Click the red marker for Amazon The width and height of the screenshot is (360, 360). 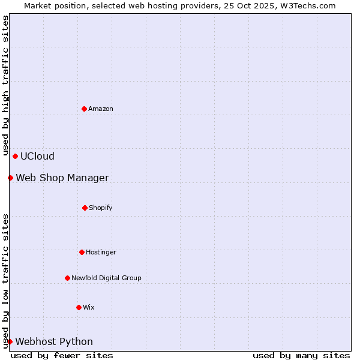point(84,109)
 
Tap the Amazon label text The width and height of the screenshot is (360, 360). point(101,109)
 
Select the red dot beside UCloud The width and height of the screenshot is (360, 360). point(15,156)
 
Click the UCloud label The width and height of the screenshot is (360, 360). point(37,157)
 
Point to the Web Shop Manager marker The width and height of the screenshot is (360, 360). point(10,178)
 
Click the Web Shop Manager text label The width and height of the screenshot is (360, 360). point(62,178)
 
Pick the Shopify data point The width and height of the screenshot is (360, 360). point(85,208)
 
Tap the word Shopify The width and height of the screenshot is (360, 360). point(101,208)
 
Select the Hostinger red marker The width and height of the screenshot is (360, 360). point(82,252)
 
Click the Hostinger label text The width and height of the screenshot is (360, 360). point(101,252)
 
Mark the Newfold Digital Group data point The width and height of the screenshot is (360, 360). point(67,278)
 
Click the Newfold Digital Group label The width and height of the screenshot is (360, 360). point(106,278)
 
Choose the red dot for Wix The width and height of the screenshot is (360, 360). point(79,307)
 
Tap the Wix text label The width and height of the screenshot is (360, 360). point(89,307)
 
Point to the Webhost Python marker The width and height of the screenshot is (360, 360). point(10,341)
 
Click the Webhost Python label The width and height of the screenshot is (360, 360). point(54,342)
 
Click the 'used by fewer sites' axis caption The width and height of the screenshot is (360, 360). point(62,355)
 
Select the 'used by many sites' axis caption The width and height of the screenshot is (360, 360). point(301,355)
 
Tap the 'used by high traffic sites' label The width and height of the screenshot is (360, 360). point(5,84)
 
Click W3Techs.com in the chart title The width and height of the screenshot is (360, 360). point(307,5)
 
